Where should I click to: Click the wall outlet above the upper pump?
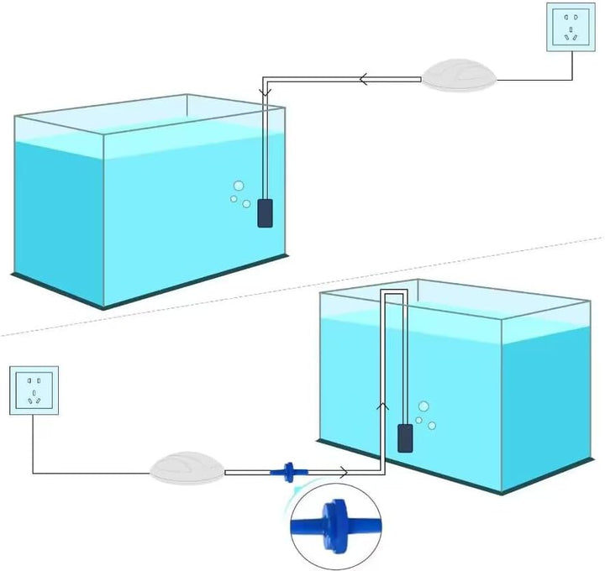(572, 27)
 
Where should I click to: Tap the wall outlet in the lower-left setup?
(34, 390)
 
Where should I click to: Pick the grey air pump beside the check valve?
(187, 467)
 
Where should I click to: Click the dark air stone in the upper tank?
(266, 213)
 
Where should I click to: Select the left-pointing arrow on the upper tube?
(365, 80)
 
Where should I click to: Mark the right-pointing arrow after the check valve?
(344, 474)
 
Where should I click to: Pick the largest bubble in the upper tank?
(239, 186)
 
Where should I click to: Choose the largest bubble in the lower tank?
(423, 406)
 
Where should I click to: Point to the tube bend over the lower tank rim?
(395, 291)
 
